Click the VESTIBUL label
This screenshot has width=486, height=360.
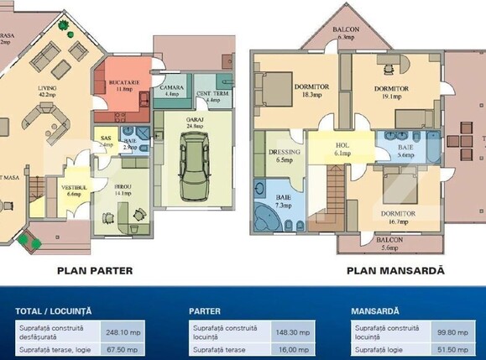coord(73,189)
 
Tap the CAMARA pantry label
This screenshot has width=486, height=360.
coord(173,90)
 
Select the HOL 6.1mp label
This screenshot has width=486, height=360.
coord(342,149)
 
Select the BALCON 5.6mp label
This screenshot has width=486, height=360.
coord(389,244)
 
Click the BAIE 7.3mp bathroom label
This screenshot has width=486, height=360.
coord(282,200)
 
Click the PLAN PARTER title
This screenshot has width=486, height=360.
coord(95,271)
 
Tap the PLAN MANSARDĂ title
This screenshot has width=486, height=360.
coord(396,271)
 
